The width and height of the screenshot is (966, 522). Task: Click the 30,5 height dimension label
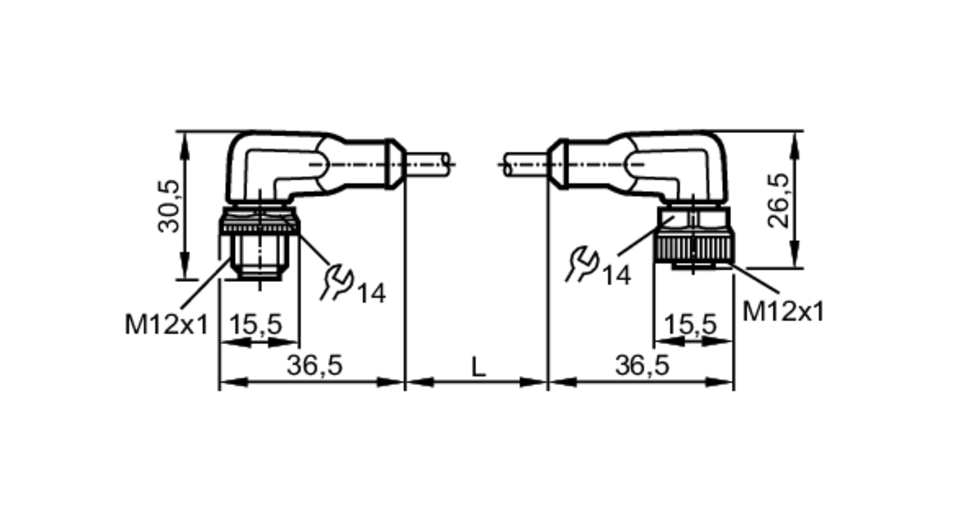click(169, 206)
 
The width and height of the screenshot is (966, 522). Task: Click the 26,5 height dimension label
click(779, 200)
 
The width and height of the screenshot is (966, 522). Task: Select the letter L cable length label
click(478, 367)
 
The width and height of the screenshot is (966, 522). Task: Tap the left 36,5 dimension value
click(314, 365)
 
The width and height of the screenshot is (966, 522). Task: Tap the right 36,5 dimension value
click(642, 365)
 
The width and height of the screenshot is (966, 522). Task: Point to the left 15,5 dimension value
click(255, 324)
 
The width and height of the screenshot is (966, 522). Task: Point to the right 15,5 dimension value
click(690, 324)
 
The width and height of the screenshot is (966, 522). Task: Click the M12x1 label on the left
click(166, 324)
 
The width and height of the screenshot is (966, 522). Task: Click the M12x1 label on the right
click(783, 311)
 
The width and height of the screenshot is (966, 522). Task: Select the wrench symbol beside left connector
click(337, 282)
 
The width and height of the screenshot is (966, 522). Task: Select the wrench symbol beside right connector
click(582, 264)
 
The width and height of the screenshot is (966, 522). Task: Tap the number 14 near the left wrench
click(371, 293)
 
